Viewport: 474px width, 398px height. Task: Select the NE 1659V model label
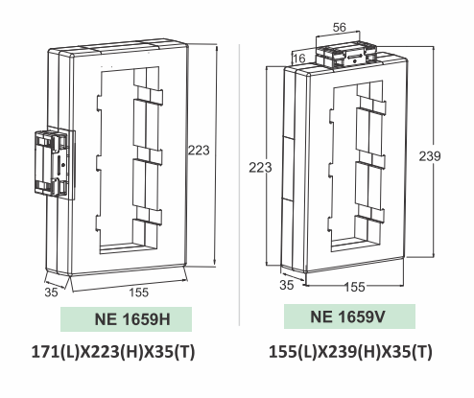coord(349,316)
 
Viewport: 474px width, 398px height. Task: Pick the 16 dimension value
coord(298,59)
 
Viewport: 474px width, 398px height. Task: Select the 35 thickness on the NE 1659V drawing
coord(287,286)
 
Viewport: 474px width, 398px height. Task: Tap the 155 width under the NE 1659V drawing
coord(355,287)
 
